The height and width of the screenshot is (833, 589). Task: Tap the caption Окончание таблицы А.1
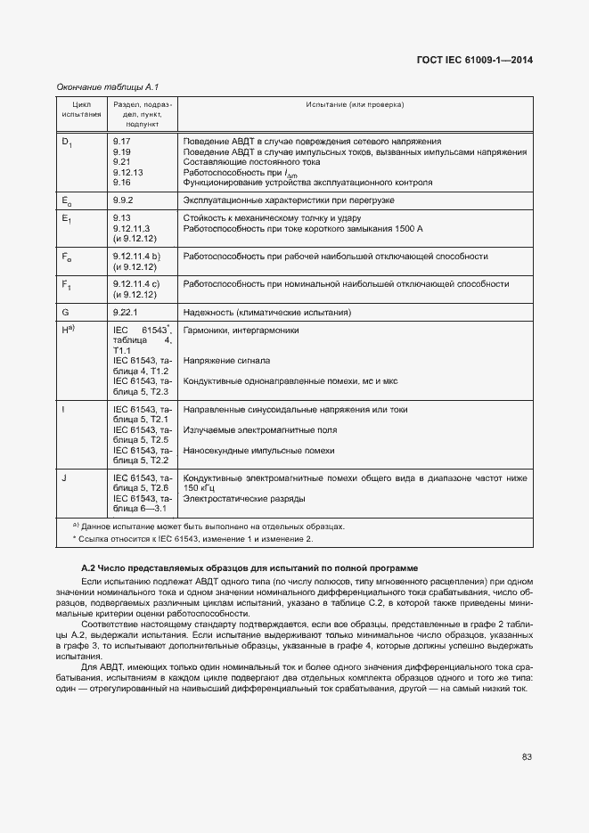107,86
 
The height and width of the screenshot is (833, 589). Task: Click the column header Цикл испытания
81,110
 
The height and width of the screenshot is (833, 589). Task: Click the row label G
65,313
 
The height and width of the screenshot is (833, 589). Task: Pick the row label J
64,478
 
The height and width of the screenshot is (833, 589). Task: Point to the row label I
63,409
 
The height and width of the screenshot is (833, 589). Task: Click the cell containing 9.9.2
123,200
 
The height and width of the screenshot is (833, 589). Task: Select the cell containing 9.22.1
125,313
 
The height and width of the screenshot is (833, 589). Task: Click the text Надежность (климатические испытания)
266,313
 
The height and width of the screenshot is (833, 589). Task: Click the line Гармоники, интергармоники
240,331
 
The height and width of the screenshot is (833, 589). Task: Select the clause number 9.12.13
127,172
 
